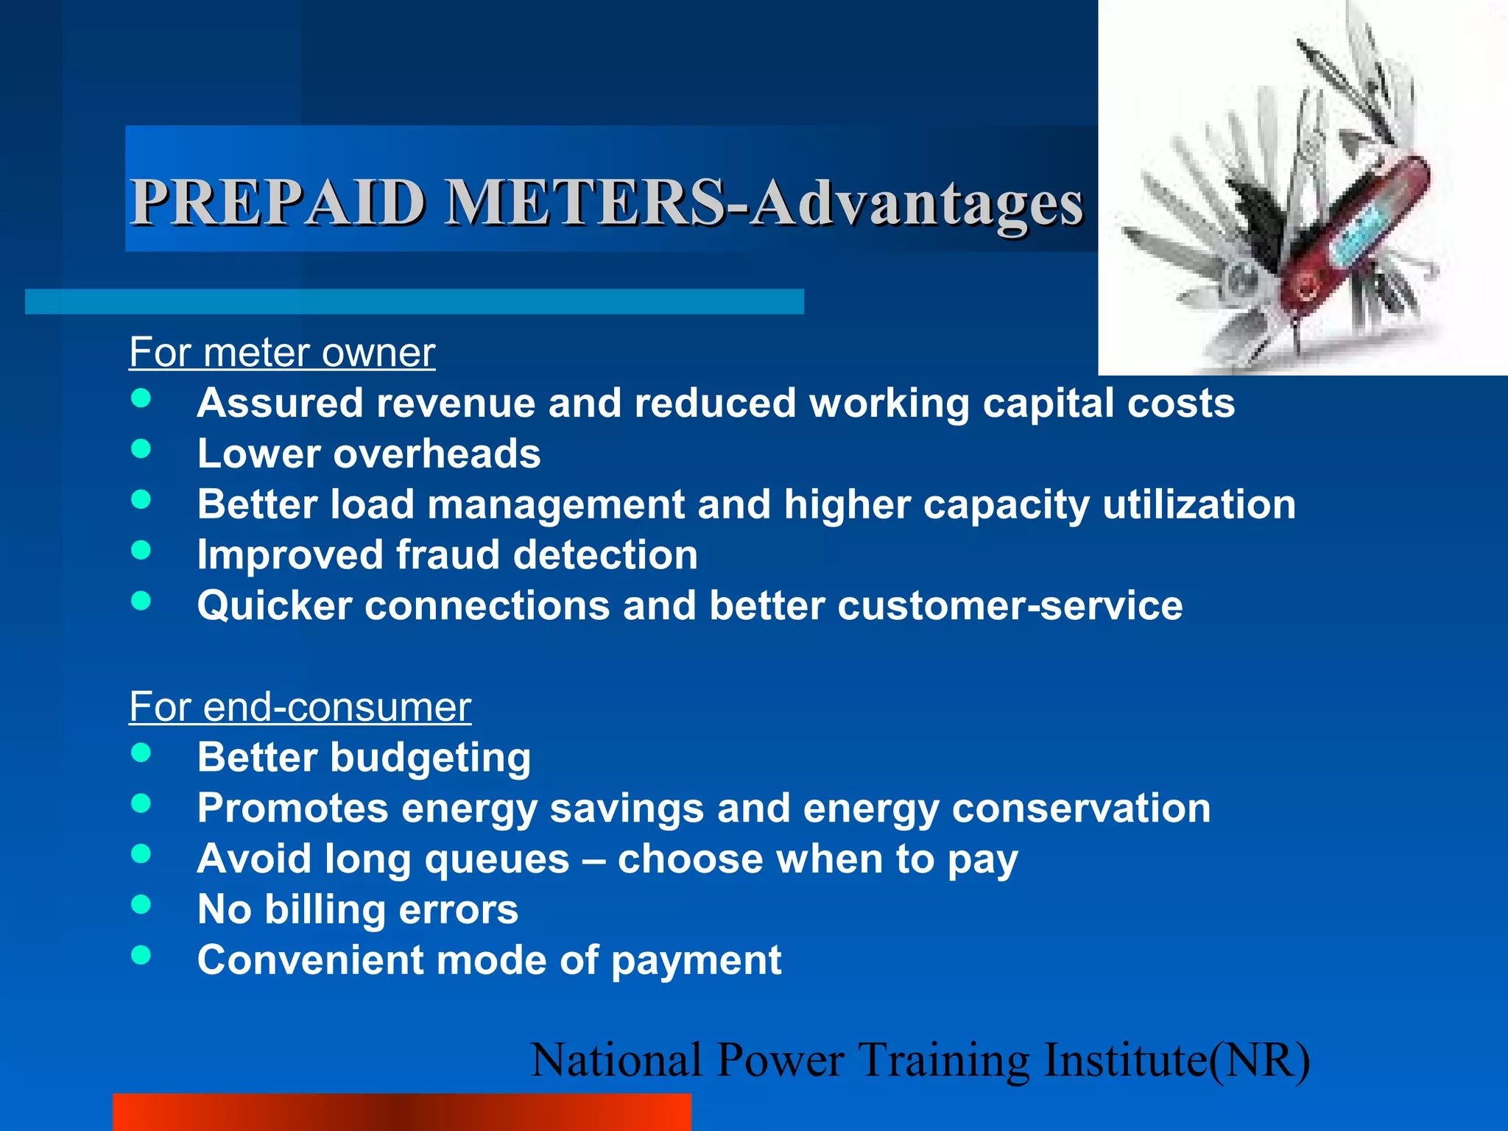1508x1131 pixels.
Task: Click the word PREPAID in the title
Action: (278, 202)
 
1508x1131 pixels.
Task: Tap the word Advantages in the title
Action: (917, 205)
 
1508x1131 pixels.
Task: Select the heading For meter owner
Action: (282, 352)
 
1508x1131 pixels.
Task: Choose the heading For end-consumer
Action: (300, 707)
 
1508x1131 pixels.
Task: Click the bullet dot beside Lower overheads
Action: (141, 449)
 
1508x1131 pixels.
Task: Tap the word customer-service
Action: (1010, 605)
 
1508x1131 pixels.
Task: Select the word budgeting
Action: (431, 758)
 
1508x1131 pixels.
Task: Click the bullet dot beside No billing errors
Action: (141, 904)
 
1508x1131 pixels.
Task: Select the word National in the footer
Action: (616, 1060)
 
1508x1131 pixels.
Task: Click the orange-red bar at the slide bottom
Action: (401, 1112)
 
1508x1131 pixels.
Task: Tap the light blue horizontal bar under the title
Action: (414, 302)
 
